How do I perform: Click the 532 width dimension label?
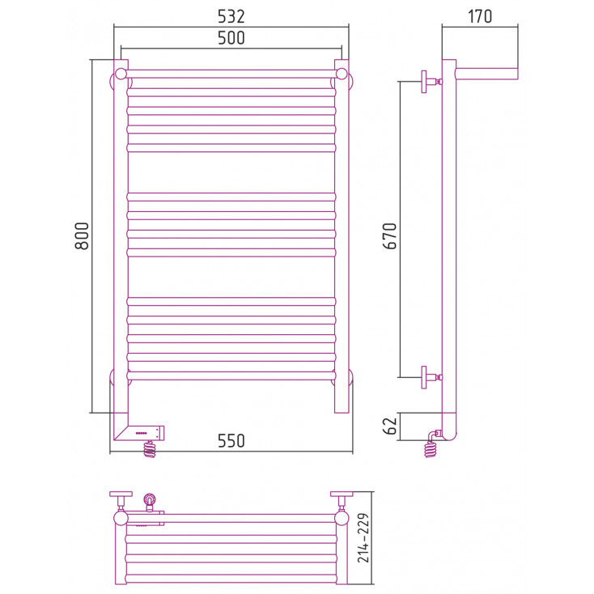tap(231, 16)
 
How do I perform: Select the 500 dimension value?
tap(231, 38)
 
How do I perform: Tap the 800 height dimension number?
tap(82, 235)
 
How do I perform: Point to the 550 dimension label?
tap(231, 440)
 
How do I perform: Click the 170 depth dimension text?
tap(480, 16)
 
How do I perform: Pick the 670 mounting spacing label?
tap(390, 235)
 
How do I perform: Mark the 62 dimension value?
tap(390, 426)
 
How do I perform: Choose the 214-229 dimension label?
tap(363, 538)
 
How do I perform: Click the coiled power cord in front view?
tap(150, 449)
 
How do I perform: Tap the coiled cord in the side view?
tap(431, 446)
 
